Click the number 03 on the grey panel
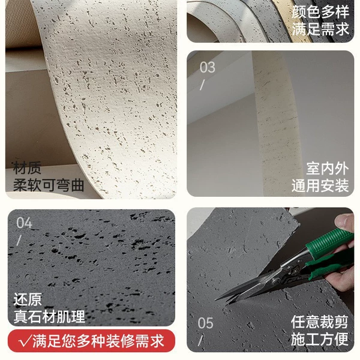point(208,67)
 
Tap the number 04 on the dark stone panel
point(25,223)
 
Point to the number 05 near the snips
point(205,323)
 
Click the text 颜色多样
point(320,11)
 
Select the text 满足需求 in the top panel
point(320,29)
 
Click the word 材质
point(27,168)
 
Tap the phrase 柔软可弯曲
point(49,185)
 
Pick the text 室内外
point(328,169)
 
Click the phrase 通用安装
point(320,185)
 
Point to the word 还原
point(28,299)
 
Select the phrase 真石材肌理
point(49,316)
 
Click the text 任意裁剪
point(320,322)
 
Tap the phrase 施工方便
point(320,339)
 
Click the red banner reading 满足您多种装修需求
point(91,341)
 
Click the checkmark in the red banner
point(25,341)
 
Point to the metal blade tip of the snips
point(217,299)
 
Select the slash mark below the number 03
point(202,85)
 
